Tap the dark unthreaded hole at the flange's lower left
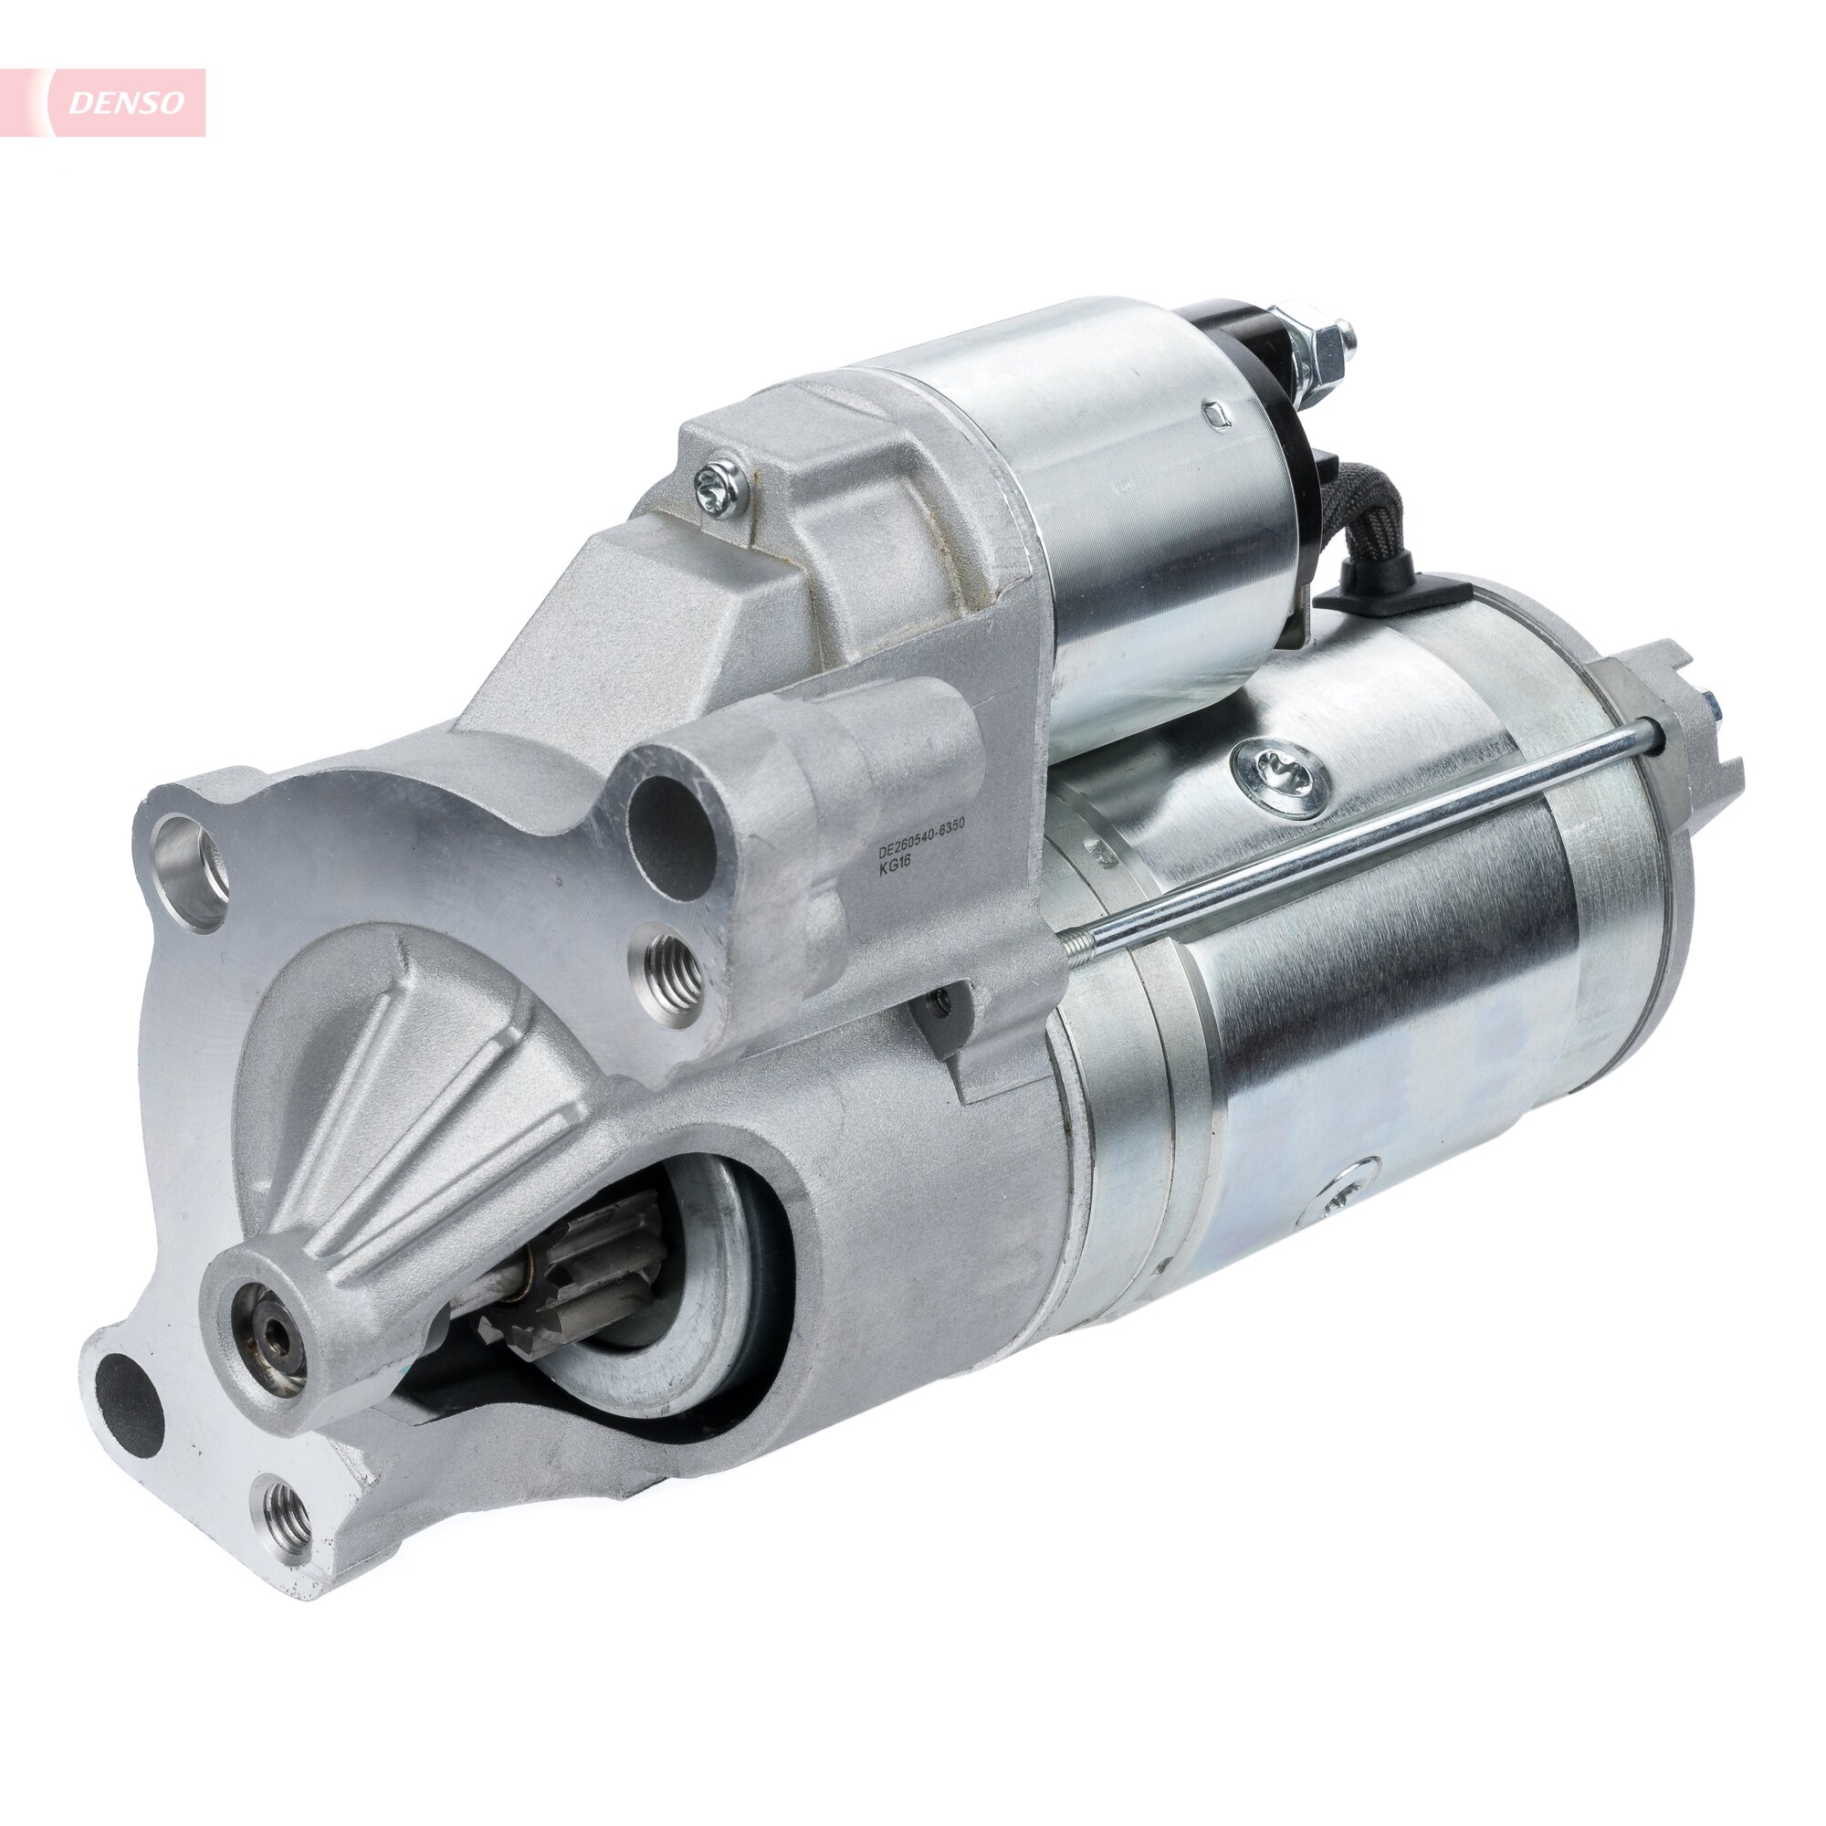click(x=131, y=1401)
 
